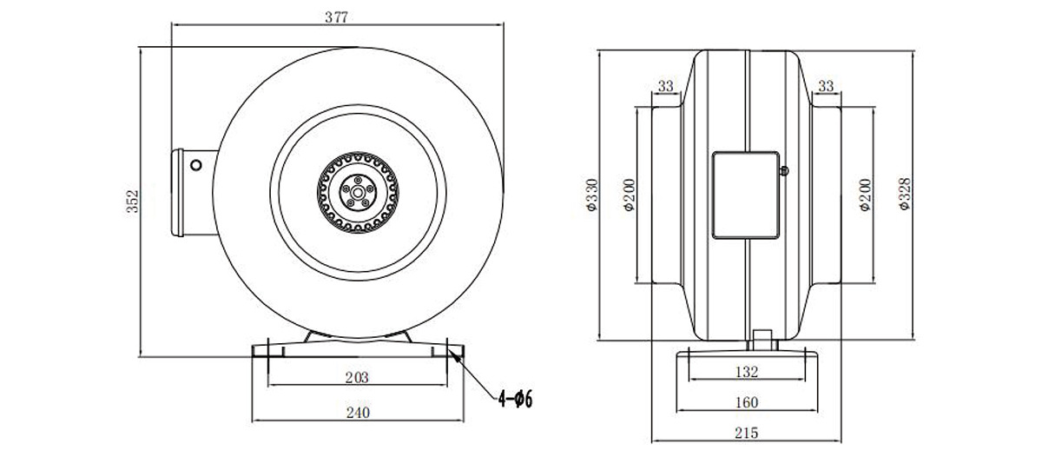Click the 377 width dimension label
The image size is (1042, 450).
coord(336,17)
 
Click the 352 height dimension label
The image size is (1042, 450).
coord(133,201)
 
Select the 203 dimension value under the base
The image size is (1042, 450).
coord(357,377)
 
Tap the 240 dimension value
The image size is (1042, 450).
coord(358,413)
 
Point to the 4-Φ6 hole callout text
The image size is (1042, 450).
coord(516,400)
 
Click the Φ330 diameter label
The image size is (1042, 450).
coord(591,195)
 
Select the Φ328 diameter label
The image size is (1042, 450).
coord(904,194)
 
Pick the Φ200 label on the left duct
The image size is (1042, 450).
coord(629,195)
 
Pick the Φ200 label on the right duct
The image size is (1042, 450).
coord(865,195)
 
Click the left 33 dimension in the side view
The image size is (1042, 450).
coord(666,86)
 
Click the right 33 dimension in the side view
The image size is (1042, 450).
coord(826,86)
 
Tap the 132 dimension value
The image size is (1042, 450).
coord(747,372)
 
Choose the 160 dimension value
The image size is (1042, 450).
coord(747,402)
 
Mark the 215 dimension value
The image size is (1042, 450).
coord(746,433)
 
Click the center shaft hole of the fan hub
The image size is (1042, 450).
coord(358,192)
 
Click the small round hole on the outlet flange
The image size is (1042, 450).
coord(196,165)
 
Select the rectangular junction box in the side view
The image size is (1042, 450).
coord(746,195)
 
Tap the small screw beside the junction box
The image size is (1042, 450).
coord(784,171)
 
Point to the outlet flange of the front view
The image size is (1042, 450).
coord(178,193)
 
